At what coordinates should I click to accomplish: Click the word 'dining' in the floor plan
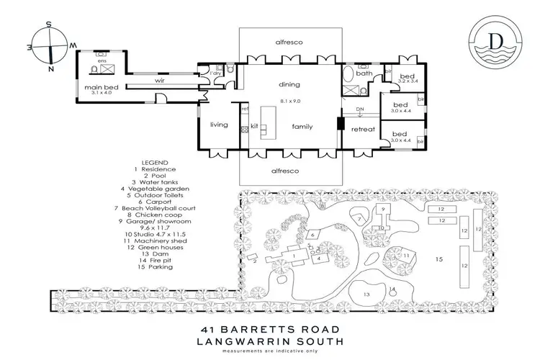click(x=289, y=84)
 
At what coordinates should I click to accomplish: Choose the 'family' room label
click(x=302, y=125)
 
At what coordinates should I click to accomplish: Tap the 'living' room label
click(x=219, y=125)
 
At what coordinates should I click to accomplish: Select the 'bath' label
click(x=364, y=73)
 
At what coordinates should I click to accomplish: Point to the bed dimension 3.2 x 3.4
click(x=408, y=82)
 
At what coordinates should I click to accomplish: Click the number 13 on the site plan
click(x=366, y=294)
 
